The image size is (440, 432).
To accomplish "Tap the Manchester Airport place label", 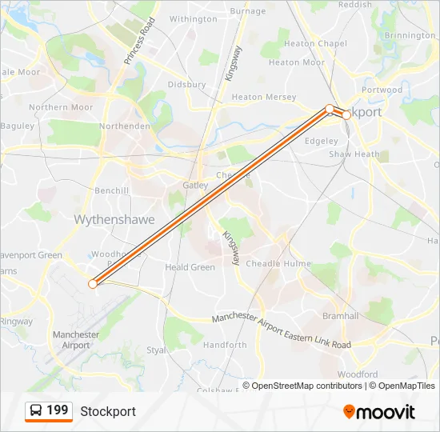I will click(x=76, y=340).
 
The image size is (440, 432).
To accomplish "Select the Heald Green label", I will click(x=190, y=267).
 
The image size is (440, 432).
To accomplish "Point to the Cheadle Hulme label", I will click(x=278, y=263).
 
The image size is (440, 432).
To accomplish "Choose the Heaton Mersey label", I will click(x=263, y=98).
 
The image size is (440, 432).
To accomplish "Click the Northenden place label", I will click(x=125, y=126).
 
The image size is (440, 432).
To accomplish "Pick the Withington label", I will click(x=193, y=19).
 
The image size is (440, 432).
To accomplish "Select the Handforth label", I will click(x=225, y=345).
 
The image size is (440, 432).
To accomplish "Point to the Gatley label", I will click(x=195, y=185).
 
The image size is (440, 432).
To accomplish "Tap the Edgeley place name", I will click(x=322, y=141).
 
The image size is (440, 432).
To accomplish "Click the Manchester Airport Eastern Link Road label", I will click(x=282, y=331).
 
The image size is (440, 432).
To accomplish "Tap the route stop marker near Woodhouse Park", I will click(x=93, y=283).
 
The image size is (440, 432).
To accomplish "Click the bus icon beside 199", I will click(x=36, y=411).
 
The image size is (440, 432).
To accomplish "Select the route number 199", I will click(x=58, y=410).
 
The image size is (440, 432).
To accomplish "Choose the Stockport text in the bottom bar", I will click(x=108, y=411).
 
